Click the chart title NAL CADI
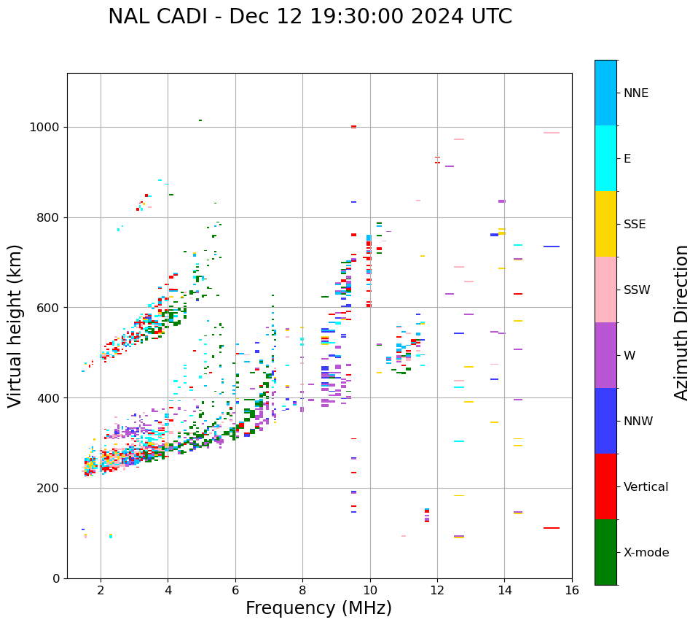pyautogui.click(x=310, y=17)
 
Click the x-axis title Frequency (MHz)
pyautogui.click(x=318, y=608)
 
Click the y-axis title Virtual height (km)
pyautogui.click(x=15, y=326)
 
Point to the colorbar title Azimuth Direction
pyautogui.click(x=681, y=322)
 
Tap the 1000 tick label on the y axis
pyautogui.click(x=45, y=128)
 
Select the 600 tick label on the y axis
pyautogui.click(x=48, y=308)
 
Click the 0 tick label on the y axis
pyautogui.click(x=55, y=578)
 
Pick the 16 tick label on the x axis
pyautogui.click(x=572, y=590)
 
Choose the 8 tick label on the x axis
pyautogui.click(x=302, y=590)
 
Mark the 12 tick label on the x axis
pyautogui.click(x=437, y=590)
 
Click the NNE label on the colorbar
pyautogui.click(x=636, y=93)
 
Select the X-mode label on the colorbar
pyautogui.click(x=646, y=553)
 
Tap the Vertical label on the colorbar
pyautogui.click(x=646, y=487)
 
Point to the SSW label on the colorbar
pyautogui.click(x=637, y=290)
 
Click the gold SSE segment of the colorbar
pyautogui.click(x=605, y=224)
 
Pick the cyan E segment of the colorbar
pyautogui.click(x=605, y=158)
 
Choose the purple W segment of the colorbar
pyautogui.click(x=605, y=355)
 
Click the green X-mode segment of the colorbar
pyautogui.click(x=605, y=552)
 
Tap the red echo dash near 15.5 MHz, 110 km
pyautogui.click(x=552, y=528)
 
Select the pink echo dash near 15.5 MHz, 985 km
pyautogui.click(x=552, y=133)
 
